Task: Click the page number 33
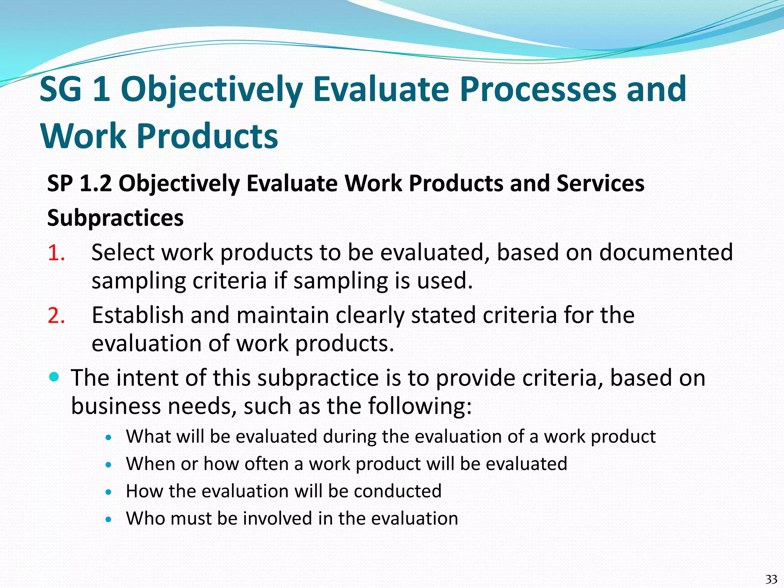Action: click(771, 579)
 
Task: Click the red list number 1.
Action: click(56, 253)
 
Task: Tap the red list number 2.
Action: click(56, 315)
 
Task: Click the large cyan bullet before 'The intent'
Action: click(54, 377)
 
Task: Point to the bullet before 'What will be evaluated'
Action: click(109, 437)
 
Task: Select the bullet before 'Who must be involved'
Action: click(109, 519)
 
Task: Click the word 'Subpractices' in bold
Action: click(115, 218)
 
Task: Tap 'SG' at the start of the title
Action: click(60, 90)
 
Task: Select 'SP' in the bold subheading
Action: click(60, 183)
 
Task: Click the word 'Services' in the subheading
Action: click(600, 183)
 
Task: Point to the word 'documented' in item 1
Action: click(666, 253)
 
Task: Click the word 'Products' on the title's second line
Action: click(207, 136)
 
